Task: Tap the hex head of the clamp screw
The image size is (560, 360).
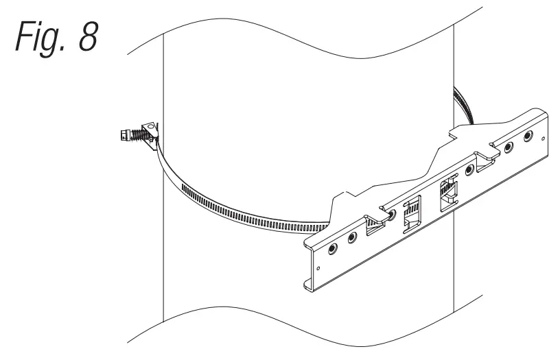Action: (125, 134)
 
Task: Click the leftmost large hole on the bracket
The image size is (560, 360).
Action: (333, 248)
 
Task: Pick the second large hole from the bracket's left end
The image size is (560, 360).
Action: (352, 238)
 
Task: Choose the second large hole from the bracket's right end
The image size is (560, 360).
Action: (509, 147)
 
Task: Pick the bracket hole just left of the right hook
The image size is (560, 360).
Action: (469, 169)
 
